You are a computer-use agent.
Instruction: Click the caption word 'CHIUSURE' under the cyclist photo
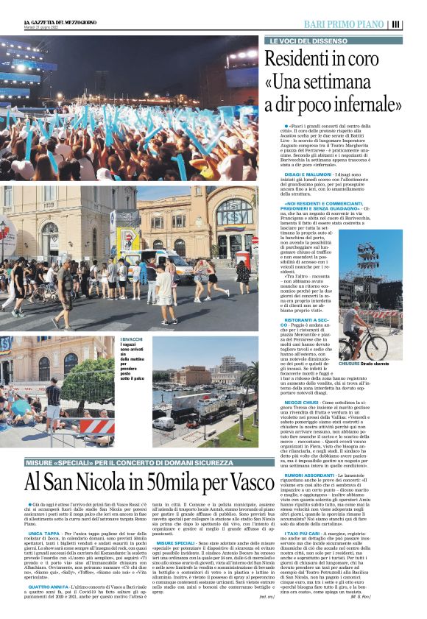[x=350, y=364]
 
